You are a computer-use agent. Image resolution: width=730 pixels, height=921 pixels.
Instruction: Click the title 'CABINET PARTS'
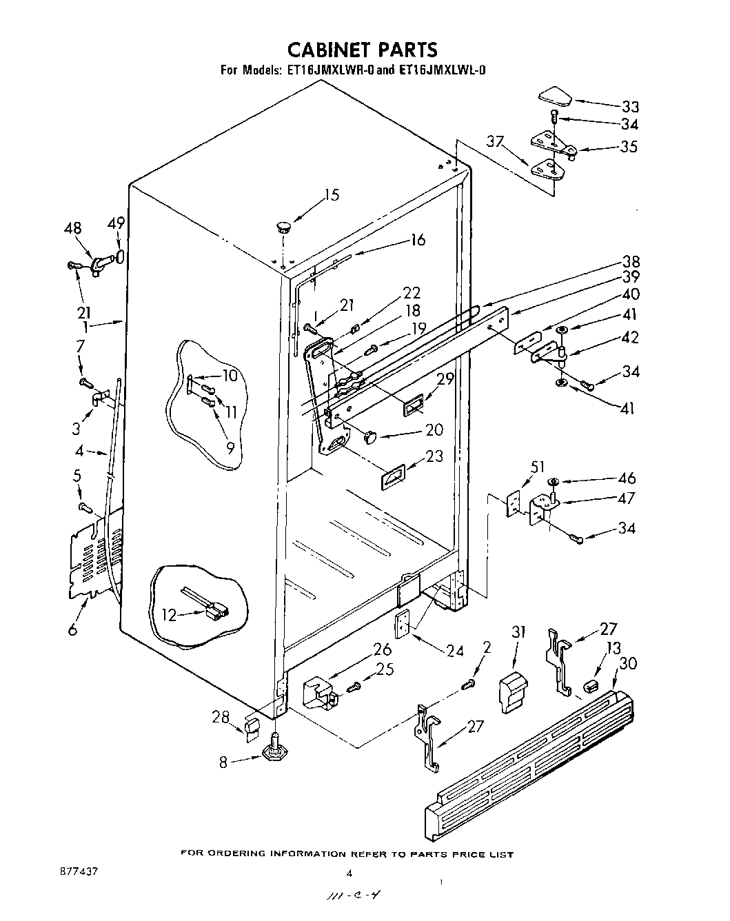pos(361,50)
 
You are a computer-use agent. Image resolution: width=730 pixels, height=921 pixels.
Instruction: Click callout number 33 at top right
pos(630,107)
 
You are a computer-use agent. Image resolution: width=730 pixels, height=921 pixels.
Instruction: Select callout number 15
pos(332,195)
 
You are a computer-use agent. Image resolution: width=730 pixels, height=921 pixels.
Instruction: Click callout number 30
pos(629,663)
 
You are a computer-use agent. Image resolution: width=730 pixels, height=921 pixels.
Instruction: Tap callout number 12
pos(169,615)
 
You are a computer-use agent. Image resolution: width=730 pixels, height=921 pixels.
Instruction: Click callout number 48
pos(72,228)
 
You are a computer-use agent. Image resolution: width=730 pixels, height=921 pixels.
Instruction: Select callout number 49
pos(116,223)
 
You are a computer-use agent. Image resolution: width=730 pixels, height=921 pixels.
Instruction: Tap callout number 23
pos(434,456)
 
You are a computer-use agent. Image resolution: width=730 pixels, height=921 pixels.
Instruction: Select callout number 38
pos(631,261)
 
